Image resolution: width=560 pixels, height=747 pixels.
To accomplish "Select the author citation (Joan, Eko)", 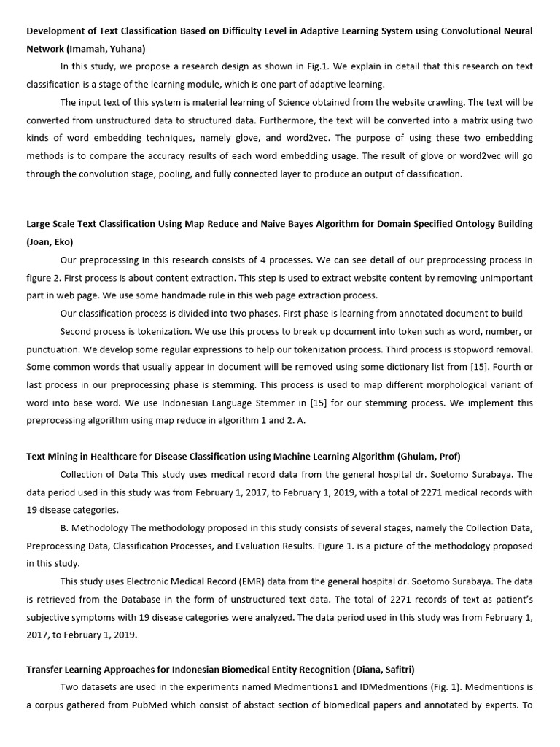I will pos(50,241).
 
